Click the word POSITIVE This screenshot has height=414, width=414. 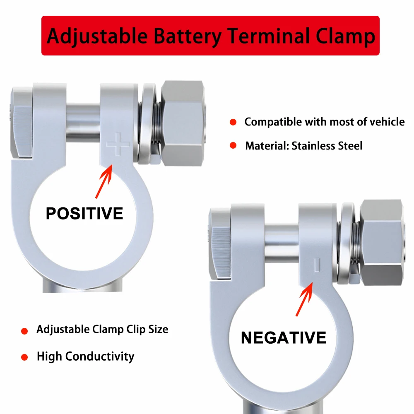pyautogui.click(x=84, y=214)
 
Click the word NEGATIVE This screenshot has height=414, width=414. pyautogui.click(x=284, y=338)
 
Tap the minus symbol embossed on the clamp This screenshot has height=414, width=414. pyautogui.click(x=317, y=265)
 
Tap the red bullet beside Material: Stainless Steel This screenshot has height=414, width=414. pyautogui.click(x=233, y=145)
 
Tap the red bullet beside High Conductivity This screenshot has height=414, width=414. pyautogui.click(x=24, y=357)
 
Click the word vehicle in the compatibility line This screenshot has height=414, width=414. pyautogui.click(x=383, y=122)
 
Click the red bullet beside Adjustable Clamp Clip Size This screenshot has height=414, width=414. pyautogui.click(x=24, y=331)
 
